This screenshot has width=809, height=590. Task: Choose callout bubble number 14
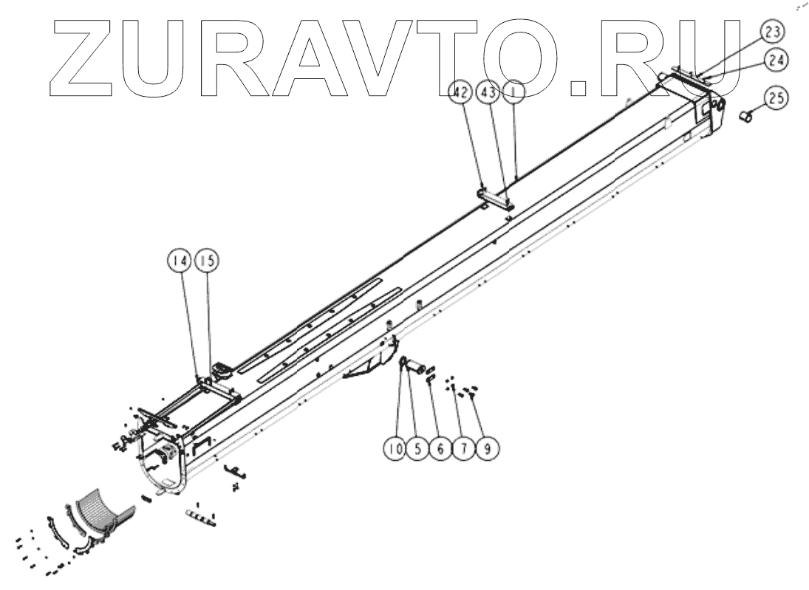point(180,260)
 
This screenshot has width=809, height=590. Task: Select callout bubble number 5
point(418,448)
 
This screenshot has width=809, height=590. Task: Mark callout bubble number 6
point(440,448)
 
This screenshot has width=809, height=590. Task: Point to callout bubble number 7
point(462,448)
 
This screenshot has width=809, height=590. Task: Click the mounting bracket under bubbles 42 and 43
point(494,196)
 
